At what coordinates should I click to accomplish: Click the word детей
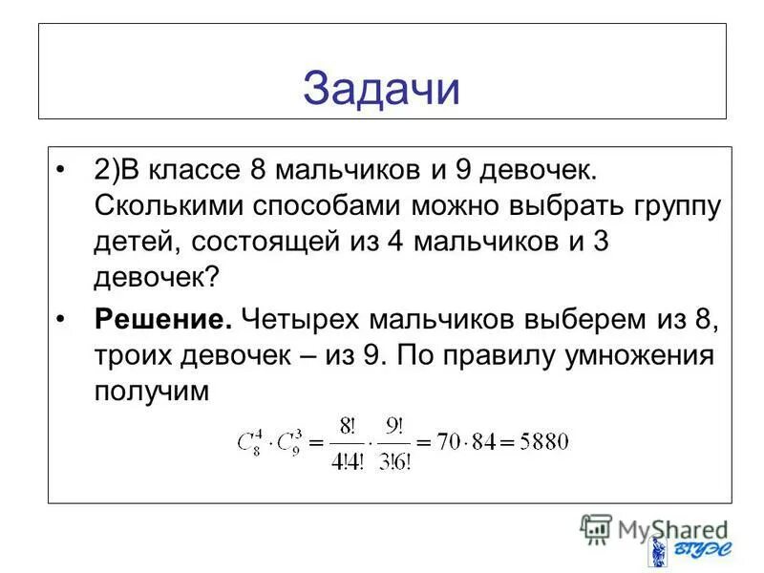(133, 242)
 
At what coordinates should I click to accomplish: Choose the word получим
(151, 391)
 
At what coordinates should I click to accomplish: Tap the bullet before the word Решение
(63, 319)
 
